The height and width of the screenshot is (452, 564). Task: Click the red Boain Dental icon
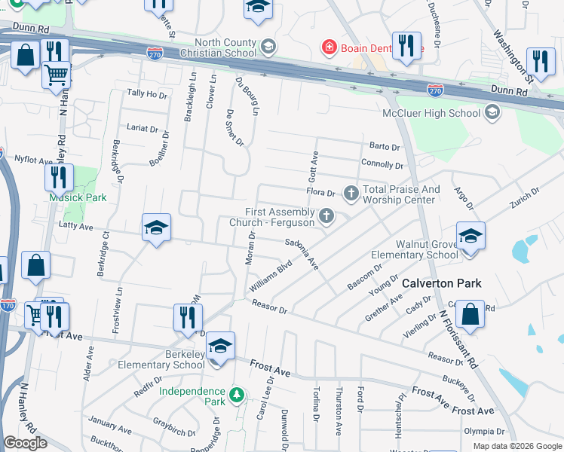pos(328,49)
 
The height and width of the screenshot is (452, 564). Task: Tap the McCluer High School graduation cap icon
pos(492,113)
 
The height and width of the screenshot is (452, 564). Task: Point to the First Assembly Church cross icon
pos(326,217)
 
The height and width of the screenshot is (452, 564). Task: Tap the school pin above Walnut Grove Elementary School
pos(470,237)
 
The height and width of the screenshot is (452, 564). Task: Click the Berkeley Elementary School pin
pos(219,347)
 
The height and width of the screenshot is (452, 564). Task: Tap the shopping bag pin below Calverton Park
pos(470,315)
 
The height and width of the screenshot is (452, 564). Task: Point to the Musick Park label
pos(78,197)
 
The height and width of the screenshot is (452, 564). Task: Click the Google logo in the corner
pos(25,443)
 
